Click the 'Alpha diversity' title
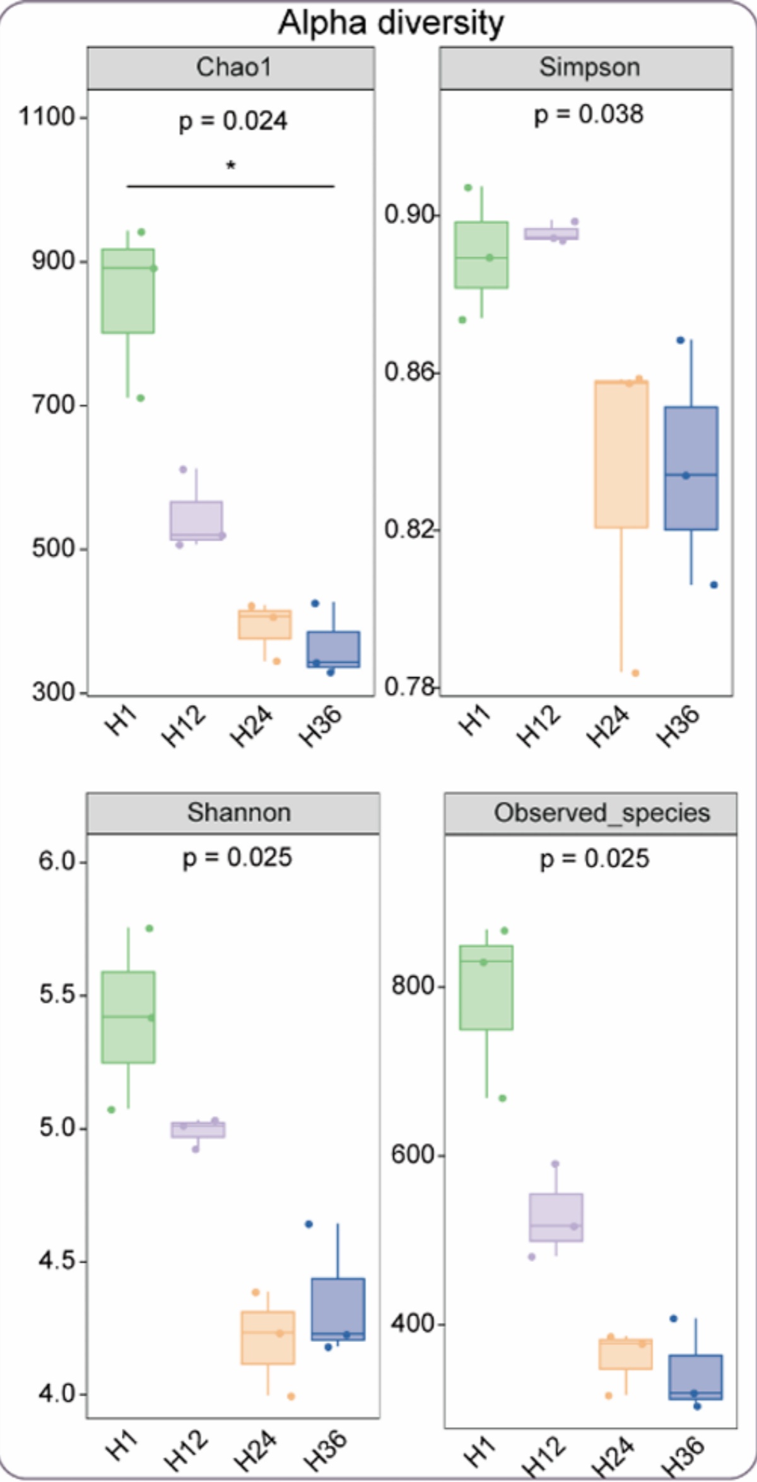click(391, 23)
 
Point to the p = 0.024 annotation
click(233, 121)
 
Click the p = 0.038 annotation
click(589, 115)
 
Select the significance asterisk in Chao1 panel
click(231, 166)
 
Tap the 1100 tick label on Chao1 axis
click(47, 117)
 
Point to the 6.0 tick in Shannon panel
click(57, 861)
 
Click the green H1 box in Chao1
click(128, 291)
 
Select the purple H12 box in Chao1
click(196, 521)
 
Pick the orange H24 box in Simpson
click(621, 454)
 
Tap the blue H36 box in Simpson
click(691, 468)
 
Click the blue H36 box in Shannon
click(338, 1309)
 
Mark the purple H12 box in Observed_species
click(556, 1218)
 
